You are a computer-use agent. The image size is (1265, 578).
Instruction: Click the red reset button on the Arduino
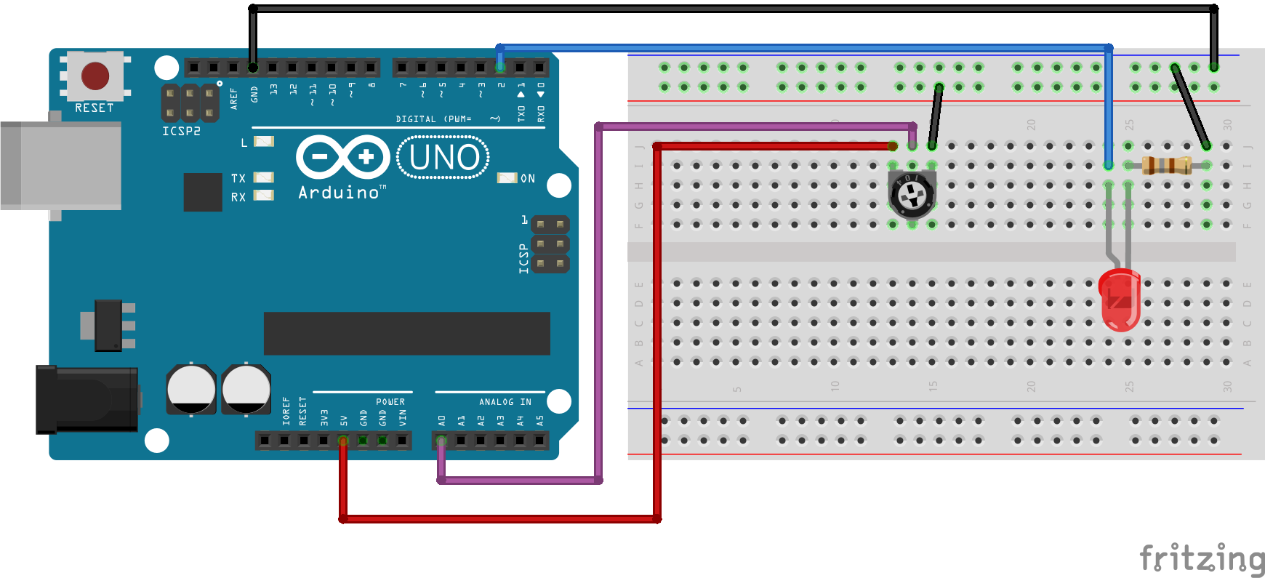(x=95, y=76)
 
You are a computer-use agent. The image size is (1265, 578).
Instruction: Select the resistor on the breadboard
(x=1167, y=166)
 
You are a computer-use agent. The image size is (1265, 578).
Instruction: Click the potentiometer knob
(x=912, y=195)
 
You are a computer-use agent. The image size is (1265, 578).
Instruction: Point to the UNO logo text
(x=443, y=158)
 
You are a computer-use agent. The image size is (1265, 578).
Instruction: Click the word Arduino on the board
(x=339, y=193)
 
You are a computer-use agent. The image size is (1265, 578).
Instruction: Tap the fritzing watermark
(x=1201, y=558)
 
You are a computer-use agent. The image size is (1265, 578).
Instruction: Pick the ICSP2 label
(x=181, y=132)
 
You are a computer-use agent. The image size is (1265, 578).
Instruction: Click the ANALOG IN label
(x=505, y=402)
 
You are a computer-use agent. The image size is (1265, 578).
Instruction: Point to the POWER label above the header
(x=390, y=402)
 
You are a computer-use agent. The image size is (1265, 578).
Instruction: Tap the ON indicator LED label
(x=528, y=179)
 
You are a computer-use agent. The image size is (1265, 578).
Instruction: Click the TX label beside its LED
(x=238, y=178)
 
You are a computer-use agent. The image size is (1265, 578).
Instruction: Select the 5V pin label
(x=344, y=420)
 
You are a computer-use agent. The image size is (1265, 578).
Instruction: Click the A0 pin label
(x=441, y=420)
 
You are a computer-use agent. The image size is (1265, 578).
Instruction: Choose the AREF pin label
(x=233, y=99)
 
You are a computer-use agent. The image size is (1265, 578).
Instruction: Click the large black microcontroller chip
(x=406, y=334)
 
